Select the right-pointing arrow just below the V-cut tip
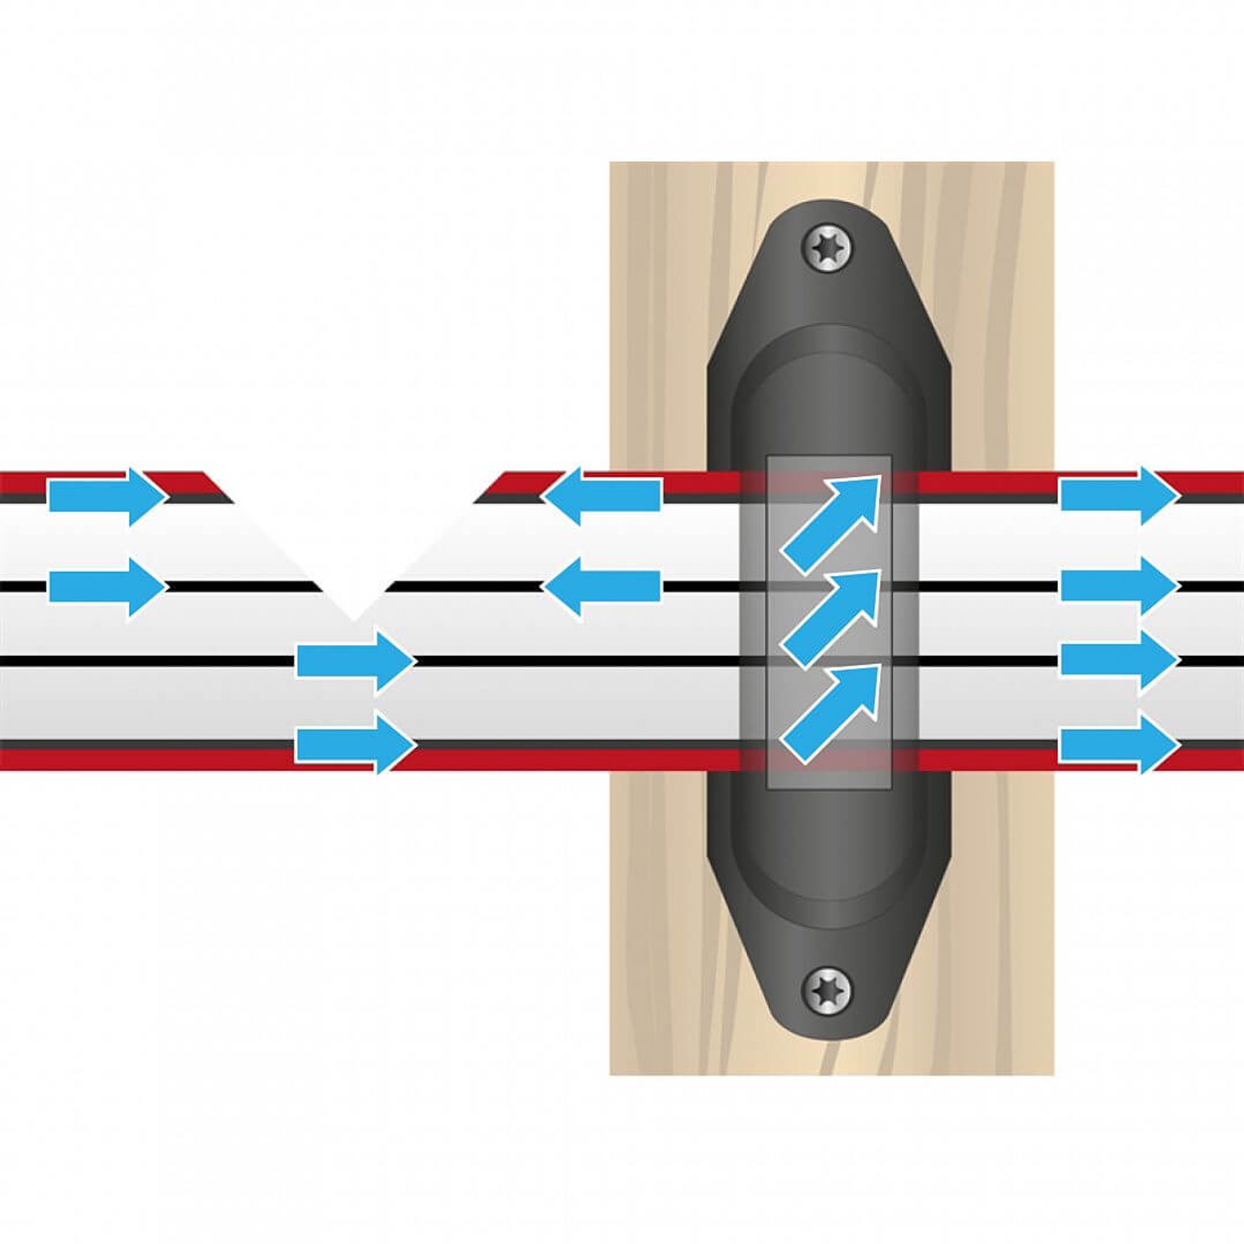[x=355, y=663]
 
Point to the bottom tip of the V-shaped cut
[x=354, y=618]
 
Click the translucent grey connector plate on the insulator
[x=829, y=760]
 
